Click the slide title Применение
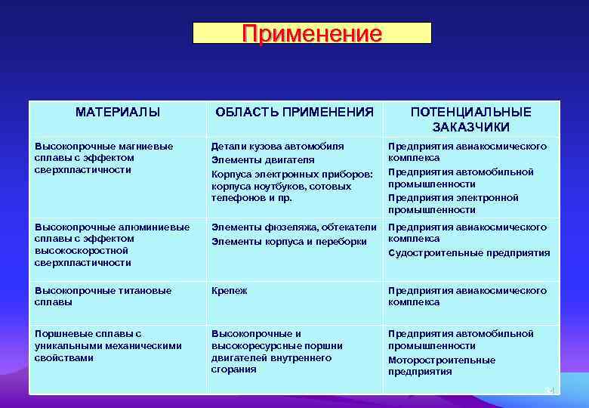point(312,33)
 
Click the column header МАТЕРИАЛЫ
point(118,112)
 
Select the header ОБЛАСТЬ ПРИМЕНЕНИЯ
point(294,112)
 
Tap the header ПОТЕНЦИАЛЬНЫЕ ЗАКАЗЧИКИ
point(471,119)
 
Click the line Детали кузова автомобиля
point(277,146)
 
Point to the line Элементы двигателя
point(263,160)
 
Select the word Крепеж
point(229,290)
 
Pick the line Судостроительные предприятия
point(469,253)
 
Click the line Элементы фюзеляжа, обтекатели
point(294,227)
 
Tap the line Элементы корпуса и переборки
point(289,242)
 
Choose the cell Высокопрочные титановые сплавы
point(103,296)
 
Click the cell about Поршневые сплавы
point(108,345)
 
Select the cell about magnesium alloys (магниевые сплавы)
point(103,158)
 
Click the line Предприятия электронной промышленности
point(453,203)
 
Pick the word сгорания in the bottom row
point(233,369)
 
